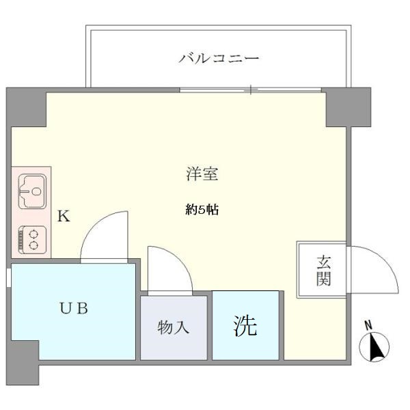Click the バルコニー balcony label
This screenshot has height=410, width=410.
click(x=219, y=59)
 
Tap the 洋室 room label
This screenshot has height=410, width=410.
click(x=202, y=174)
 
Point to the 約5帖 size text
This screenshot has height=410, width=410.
click(x=202, y=210)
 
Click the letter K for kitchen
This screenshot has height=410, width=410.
click(x=63, y=217)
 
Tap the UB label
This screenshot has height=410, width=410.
click(x=72, y=308)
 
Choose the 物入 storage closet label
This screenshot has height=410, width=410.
click(x=174, y=327)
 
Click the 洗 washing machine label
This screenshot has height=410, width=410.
click(x=246, y=326)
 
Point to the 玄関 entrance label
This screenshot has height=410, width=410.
click(x=323, y=270)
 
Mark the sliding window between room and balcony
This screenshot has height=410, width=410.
click(x=251, y=90)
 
